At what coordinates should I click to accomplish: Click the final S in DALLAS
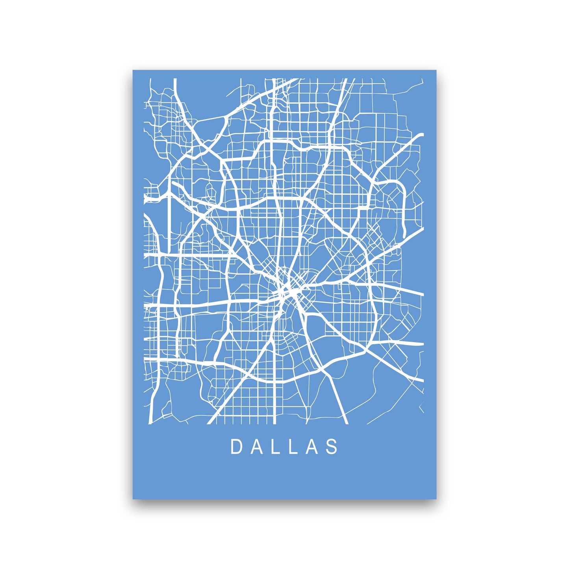[333, 447]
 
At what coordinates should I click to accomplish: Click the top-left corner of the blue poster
[133, 70]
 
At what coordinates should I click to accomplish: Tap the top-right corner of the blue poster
[436, 70]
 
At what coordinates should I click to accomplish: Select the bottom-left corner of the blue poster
[133, 499]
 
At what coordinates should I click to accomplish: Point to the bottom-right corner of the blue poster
[436, 499]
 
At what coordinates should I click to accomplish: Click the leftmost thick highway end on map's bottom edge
[150, 423]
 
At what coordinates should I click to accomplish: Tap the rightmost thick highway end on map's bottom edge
[346, 423]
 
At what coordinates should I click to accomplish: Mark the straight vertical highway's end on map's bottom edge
[274, 423]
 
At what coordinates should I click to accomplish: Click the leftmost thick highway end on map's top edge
[174, 80]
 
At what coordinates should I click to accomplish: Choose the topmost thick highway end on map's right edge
[422, 135]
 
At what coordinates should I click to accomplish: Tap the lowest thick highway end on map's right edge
[422, 380]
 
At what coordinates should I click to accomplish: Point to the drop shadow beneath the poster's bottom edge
[285, 502]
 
